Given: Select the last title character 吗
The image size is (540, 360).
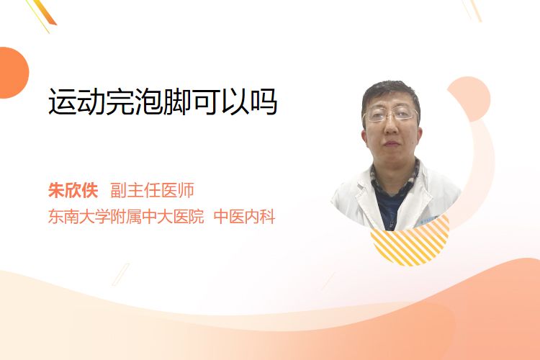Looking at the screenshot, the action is (263, 102).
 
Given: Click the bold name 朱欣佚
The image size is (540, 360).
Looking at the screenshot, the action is (73, 190).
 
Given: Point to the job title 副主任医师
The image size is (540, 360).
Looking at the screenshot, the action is (152, 190).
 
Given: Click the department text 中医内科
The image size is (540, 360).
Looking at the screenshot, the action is (244, 217).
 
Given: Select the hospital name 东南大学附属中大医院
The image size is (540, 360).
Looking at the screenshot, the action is (126, 217).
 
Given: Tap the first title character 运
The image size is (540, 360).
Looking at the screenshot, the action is (63, 102).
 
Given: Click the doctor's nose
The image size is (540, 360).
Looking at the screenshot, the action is (390, 127).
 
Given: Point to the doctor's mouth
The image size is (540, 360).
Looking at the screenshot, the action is (391, 143).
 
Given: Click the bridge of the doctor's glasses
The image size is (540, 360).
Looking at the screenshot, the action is (391, 114).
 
